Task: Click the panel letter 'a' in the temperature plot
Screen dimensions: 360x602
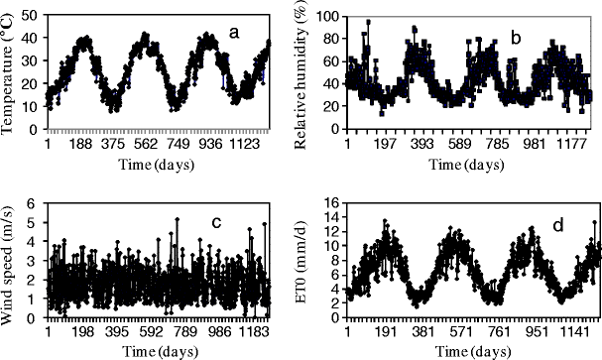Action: (x=235, y=33)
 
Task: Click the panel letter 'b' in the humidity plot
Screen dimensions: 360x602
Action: (x=515, y=39)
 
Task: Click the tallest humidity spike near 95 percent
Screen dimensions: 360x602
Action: (x=368, y=23)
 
